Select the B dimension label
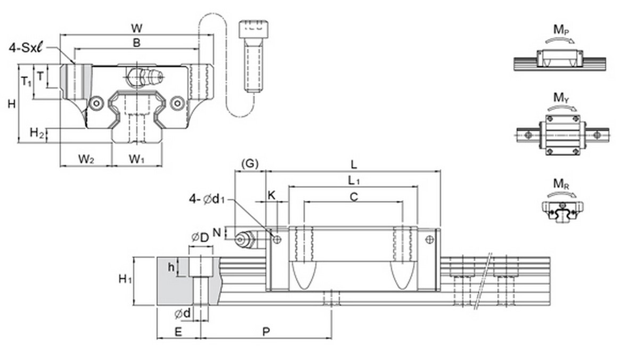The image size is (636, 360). (136, 43)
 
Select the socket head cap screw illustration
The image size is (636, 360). (252, 55)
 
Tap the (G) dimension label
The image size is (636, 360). (250, 164)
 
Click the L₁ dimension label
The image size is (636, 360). (354, 181)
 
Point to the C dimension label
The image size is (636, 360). (354, 197)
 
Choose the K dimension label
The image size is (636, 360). (271, 195)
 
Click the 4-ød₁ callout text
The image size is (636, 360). (208, 199)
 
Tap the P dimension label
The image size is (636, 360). (266, 332)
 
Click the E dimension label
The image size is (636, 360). (178, 332)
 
